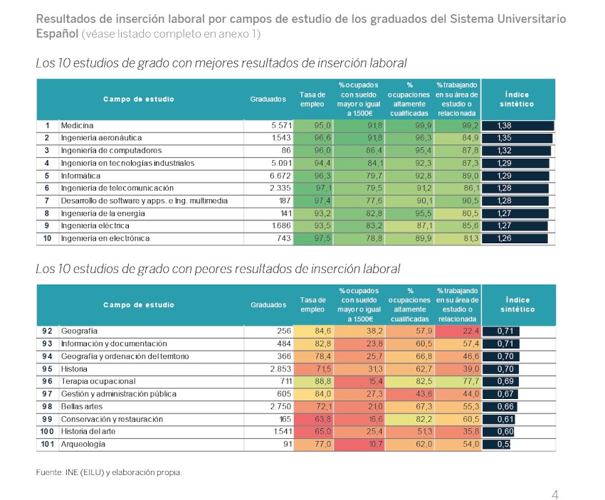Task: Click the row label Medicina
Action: [x=77, y=126]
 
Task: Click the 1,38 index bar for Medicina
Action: [x=517, y=126]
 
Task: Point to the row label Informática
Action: [x=80, y=176]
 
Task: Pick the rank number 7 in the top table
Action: [x=47, y=201]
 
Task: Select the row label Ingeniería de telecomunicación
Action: [x=117, y=188]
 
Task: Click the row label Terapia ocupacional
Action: [x=98, y=381]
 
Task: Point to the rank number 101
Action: [x=48, y=444]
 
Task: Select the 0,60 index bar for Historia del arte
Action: [x=498, y=432]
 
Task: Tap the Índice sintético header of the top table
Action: [x=517, y=100]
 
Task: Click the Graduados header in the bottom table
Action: [x=268, y=305]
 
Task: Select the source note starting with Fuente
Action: [x=109, y=472]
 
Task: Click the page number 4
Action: [x=555, y=494]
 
